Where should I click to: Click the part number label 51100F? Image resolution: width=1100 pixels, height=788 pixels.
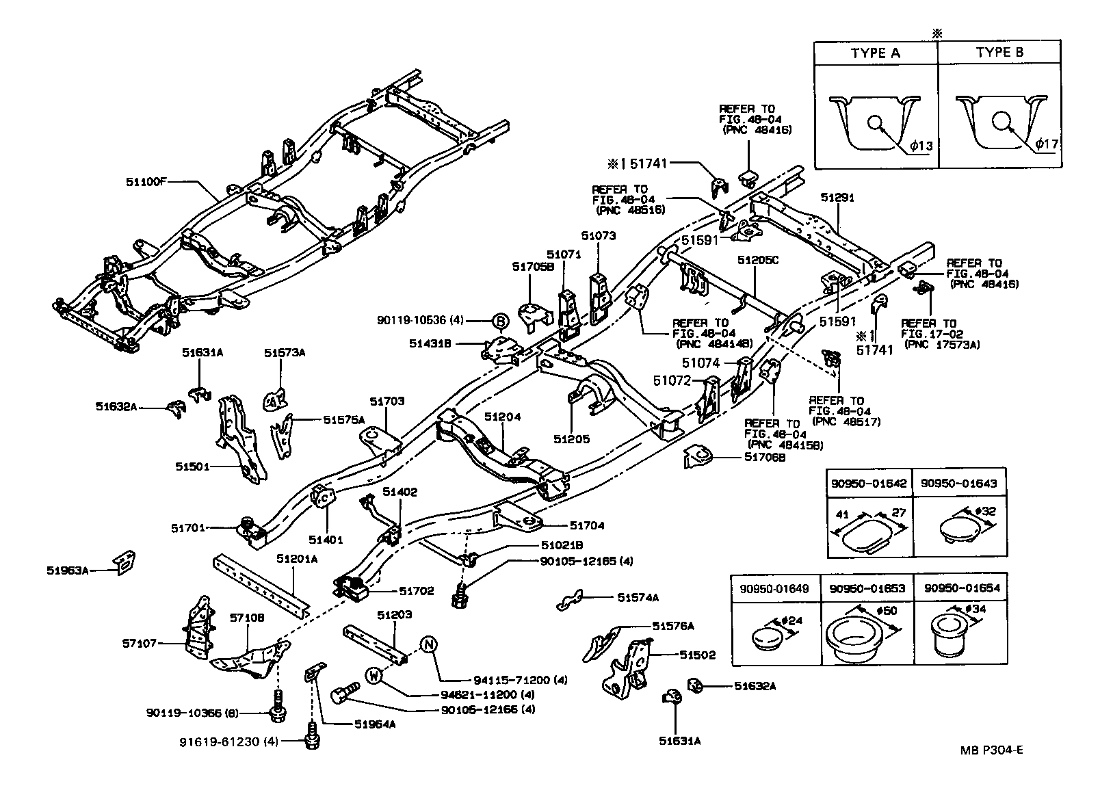146,182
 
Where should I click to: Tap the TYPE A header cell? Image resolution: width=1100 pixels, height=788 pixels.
875,53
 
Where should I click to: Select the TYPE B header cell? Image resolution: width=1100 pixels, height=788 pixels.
999,53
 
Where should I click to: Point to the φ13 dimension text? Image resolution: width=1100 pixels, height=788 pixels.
921,145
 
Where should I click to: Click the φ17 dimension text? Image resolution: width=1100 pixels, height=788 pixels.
1046,144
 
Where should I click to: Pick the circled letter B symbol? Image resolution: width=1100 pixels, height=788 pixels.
500,320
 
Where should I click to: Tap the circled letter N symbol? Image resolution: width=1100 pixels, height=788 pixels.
428,645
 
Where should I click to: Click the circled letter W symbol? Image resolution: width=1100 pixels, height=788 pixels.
374,676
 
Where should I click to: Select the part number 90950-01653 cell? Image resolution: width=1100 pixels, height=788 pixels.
867,588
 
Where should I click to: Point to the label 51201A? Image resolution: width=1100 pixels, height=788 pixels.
297,558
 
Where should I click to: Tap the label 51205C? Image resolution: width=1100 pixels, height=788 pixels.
758,260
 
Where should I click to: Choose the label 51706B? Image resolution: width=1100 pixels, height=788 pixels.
765,457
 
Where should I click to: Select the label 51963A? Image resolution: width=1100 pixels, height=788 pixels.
68,570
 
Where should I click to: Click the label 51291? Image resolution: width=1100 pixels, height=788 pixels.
837,197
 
